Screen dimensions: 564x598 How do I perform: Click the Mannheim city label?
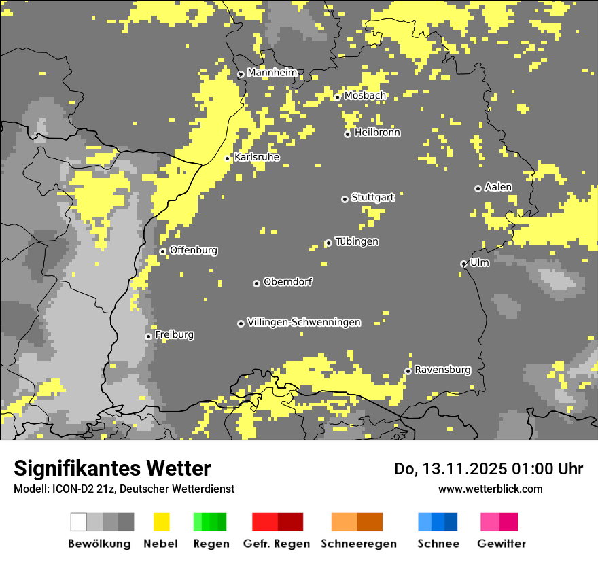point(272,72)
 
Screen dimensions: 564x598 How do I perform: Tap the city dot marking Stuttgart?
point(345,199)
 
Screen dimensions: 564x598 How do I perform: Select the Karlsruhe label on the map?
point(256,157)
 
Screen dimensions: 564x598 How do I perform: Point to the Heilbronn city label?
point(377,133)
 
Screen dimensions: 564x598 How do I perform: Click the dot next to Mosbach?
point(337,97)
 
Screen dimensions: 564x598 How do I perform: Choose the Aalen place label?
point(498,187)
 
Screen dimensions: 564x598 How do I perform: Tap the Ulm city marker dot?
point(463,264)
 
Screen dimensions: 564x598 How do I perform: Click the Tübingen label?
point(357,241)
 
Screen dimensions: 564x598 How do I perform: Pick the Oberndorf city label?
point(287,281)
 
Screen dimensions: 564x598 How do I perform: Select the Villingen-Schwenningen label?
point(304,322)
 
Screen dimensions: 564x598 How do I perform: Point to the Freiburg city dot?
point(148,336)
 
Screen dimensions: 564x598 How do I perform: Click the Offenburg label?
point(193,250)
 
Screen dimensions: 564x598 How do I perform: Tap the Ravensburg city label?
point(442,370)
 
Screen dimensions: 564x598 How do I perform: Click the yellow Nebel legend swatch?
point(161,522)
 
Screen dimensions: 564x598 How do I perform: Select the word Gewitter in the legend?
point(501,544)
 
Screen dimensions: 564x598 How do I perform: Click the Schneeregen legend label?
point(358,544)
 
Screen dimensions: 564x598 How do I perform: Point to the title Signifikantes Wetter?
point(112,468)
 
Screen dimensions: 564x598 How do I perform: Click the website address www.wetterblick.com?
point(490,489)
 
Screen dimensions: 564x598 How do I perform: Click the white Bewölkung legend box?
point(78,522)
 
